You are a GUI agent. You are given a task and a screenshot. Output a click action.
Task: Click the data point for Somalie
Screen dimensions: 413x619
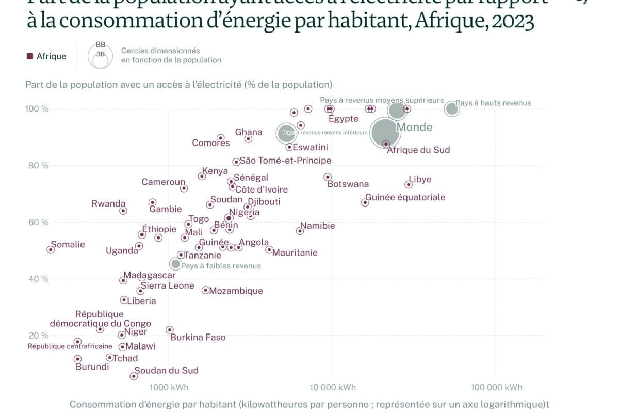pos(51,249)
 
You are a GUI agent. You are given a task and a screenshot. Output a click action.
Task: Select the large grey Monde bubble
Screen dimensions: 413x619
pos(385,133)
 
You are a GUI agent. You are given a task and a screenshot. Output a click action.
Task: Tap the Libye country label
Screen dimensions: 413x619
pos(419,180)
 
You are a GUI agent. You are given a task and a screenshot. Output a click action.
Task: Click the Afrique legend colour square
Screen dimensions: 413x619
pos(30,56)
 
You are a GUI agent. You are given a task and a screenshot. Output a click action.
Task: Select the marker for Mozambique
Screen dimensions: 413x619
pos(205,290)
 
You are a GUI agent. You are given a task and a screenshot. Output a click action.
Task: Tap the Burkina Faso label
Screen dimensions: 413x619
pos(198,337)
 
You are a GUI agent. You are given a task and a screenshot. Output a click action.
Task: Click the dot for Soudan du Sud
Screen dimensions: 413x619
pos(134,376)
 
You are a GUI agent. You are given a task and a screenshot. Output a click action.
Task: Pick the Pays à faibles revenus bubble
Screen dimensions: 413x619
pos(176,264)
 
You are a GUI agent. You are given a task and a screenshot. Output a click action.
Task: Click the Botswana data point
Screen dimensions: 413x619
pos(328,177)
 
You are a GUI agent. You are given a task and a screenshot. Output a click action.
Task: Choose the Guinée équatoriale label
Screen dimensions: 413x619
pos(405,197)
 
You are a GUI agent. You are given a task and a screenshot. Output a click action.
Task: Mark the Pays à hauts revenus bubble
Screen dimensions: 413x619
pos(452,108)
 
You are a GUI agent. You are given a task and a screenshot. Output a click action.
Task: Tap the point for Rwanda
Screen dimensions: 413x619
pos(123,211)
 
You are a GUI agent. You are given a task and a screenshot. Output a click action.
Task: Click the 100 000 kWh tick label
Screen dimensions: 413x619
pos(495,388)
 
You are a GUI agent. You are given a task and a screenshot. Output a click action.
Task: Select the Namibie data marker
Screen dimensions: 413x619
pos(300,231)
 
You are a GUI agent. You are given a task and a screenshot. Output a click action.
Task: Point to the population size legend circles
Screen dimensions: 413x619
pos(100,56)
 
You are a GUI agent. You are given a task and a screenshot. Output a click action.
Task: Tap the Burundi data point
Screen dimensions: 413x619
pos(77,359)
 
